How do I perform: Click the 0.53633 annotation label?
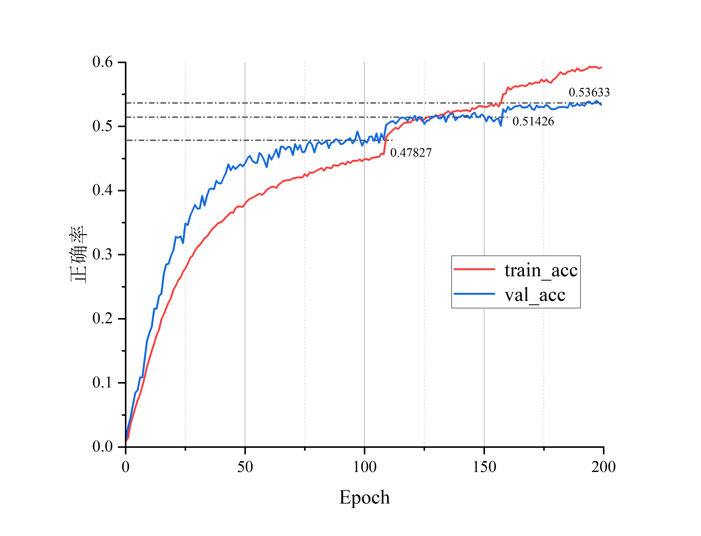click(589, 92)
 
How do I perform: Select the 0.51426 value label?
click(533, 121)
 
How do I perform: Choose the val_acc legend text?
click(535, 295)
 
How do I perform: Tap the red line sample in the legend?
click(474, 269)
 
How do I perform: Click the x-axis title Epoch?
click(364, 497)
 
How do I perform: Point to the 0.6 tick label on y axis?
click(102, 62)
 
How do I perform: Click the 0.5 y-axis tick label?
click(102, 126)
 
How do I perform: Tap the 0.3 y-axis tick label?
click(102, 254)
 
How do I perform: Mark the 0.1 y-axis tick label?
click(102, 382)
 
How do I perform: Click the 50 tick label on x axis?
click(245, 467)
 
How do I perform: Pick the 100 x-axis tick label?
click(364, 467)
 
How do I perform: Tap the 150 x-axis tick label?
click(484, 467)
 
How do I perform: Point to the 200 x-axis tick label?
click(603, 467)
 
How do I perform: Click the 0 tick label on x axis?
click(126, 467)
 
